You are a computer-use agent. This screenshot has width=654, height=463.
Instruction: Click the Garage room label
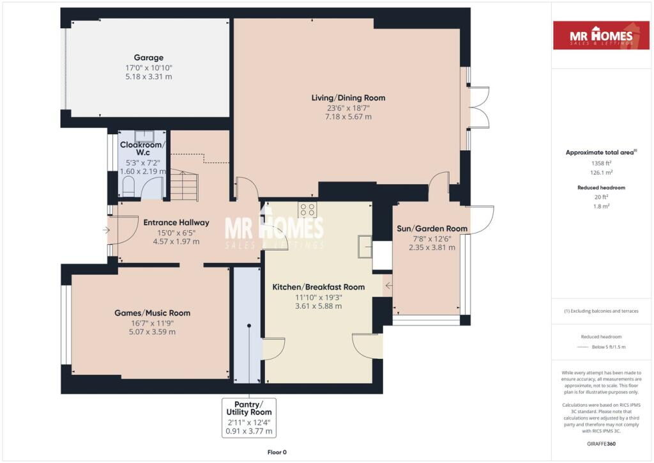148,58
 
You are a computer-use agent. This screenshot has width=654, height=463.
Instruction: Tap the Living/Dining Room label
348,98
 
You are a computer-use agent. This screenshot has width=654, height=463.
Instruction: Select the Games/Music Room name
152,313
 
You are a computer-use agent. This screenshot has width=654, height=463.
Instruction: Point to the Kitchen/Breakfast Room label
318,287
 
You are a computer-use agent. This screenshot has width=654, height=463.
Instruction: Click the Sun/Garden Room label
432,228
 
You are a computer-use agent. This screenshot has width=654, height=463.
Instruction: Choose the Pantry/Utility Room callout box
249,418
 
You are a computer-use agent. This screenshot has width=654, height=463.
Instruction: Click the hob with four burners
307,210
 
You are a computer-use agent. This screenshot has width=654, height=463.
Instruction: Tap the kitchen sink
365,246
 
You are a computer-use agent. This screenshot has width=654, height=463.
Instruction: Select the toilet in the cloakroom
128,187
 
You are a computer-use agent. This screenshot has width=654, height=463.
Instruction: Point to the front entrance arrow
107,230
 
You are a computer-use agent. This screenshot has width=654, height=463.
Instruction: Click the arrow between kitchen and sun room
389,286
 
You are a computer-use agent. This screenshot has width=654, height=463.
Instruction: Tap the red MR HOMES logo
601,35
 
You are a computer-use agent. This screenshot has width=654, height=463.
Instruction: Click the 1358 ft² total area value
601,163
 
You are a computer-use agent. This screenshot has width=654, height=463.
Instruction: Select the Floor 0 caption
277,452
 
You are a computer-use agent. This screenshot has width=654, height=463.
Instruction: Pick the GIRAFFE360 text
601,444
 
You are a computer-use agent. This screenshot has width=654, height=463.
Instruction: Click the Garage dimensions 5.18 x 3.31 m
148,76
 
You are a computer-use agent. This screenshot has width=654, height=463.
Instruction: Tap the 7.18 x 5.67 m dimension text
348,116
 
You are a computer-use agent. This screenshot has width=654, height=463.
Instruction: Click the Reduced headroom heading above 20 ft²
601,187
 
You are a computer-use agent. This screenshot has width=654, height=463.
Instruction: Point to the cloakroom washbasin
144,136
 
